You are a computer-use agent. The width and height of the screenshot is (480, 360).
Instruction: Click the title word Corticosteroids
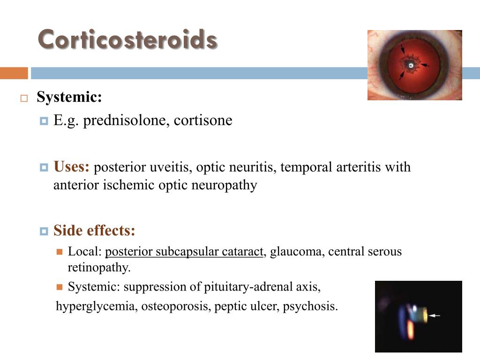point(127,39)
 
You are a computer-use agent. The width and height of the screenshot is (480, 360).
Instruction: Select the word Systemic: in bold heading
point(69,97)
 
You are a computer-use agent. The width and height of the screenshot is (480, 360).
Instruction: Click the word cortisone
point(203,120)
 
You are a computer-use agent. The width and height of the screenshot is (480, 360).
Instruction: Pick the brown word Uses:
point(71,167)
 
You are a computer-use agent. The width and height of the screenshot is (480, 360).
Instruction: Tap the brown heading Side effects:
point(94,231)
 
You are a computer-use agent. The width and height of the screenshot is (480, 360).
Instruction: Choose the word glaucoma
point(297,252)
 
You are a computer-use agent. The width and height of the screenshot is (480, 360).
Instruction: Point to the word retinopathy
point(99,268)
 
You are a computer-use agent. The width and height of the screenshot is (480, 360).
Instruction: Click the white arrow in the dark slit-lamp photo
point(435,315)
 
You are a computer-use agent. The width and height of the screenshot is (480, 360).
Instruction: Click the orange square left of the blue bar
point(14,73)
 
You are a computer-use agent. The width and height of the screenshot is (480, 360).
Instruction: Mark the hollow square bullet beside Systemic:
point(24,98)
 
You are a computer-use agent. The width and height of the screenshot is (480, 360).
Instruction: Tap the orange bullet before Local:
point(60,252)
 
